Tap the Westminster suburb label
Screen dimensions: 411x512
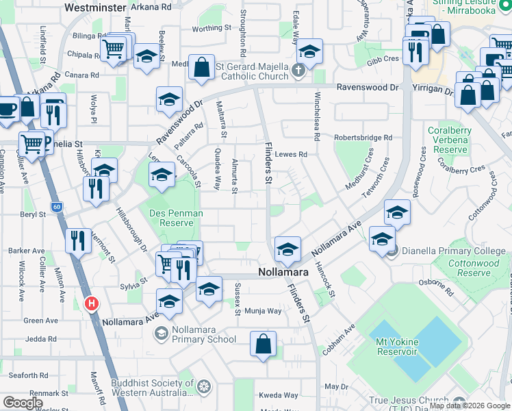pos(94,8)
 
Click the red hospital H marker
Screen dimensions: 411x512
pos(90,303)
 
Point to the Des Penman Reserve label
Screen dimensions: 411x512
pos(176,218)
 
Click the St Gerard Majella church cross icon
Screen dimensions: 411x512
pos(298,70)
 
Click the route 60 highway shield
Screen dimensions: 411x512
pos(56,206)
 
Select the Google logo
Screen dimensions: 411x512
pos(23,403)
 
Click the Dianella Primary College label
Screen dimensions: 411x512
pos(454,251)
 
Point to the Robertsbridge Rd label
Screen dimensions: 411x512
pos(363,138)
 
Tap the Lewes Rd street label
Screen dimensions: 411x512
pos(291,155)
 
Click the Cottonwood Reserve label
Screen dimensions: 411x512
pos(474,268)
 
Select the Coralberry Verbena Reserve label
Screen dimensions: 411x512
pos(446,140)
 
